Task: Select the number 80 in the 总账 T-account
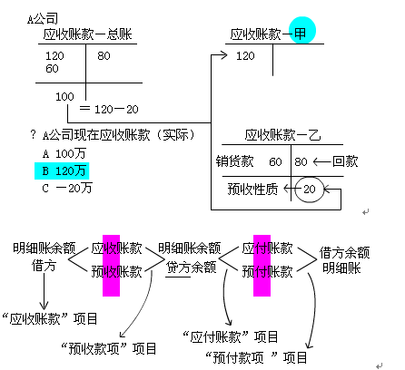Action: [x=104, y=56]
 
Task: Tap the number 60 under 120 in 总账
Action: [x=52, y=69]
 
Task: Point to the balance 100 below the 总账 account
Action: [x=64, y=96]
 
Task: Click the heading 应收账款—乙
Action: [x=287, y=136]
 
